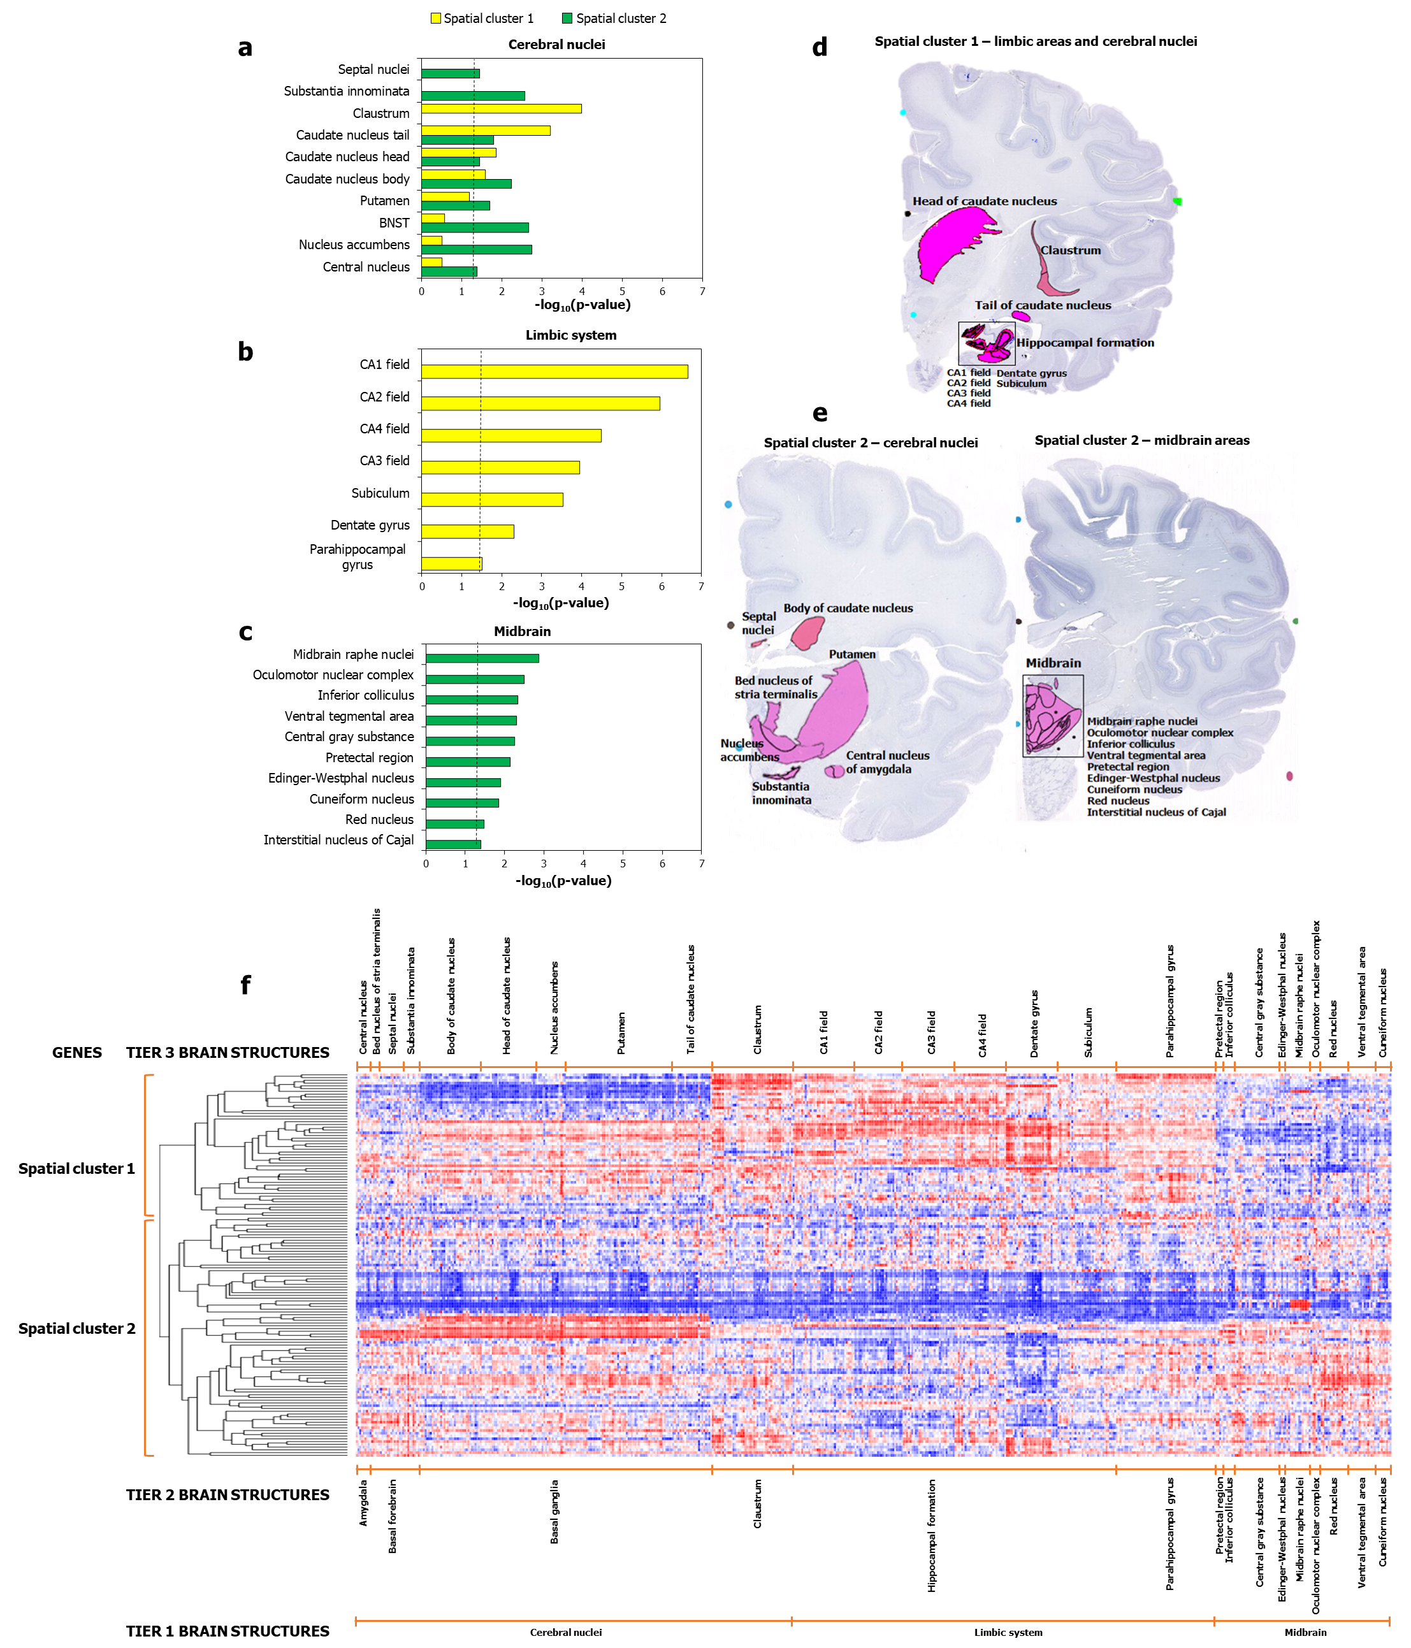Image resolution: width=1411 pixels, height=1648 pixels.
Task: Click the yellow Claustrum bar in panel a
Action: tap(501, 109)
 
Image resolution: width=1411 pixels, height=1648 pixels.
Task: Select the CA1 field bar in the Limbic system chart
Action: tap(554, 372)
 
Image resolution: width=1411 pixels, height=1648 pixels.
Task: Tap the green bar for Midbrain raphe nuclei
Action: tap(482, 658)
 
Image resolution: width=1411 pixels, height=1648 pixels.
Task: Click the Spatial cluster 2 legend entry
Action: tap(614, 18)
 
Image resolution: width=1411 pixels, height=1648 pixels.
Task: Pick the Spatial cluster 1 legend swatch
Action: tap(436, 18)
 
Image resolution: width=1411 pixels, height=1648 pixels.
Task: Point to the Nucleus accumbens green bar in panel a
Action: tap(477, 250)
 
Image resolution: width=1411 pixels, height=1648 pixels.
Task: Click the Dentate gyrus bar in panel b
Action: tap(468, 531)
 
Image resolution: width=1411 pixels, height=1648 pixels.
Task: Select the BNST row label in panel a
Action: tap(394, 222)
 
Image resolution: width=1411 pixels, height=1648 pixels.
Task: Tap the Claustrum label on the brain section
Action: tap(1071, 250)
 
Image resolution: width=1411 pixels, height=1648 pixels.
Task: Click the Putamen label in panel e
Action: tap(852, 654)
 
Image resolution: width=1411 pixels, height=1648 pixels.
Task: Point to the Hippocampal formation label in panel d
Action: tap(1085, 343)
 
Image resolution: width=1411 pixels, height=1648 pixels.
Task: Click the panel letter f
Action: tap(246, 985)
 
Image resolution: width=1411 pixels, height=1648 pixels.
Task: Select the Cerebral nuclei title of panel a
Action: tap(557, 45)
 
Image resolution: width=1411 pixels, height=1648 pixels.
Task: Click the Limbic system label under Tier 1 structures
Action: tap(1008, 1632)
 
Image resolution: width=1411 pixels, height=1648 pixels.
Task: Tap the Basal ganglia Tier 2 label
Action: tap(554, 1511)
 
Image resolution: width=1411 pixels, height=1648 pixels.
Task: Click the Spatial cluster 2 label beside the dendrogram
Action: tap(77, 1328)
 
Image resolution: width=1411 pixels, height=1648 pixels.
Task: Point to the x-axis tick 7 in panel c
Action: tap(702, 864)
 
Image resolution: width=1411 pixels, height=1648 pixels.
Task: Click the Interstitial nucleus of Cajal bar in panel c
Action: tap(453, 844)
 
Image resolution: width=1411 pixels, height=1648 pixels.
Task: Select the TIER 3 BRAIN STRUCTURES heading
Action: tap(228, 1052)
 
